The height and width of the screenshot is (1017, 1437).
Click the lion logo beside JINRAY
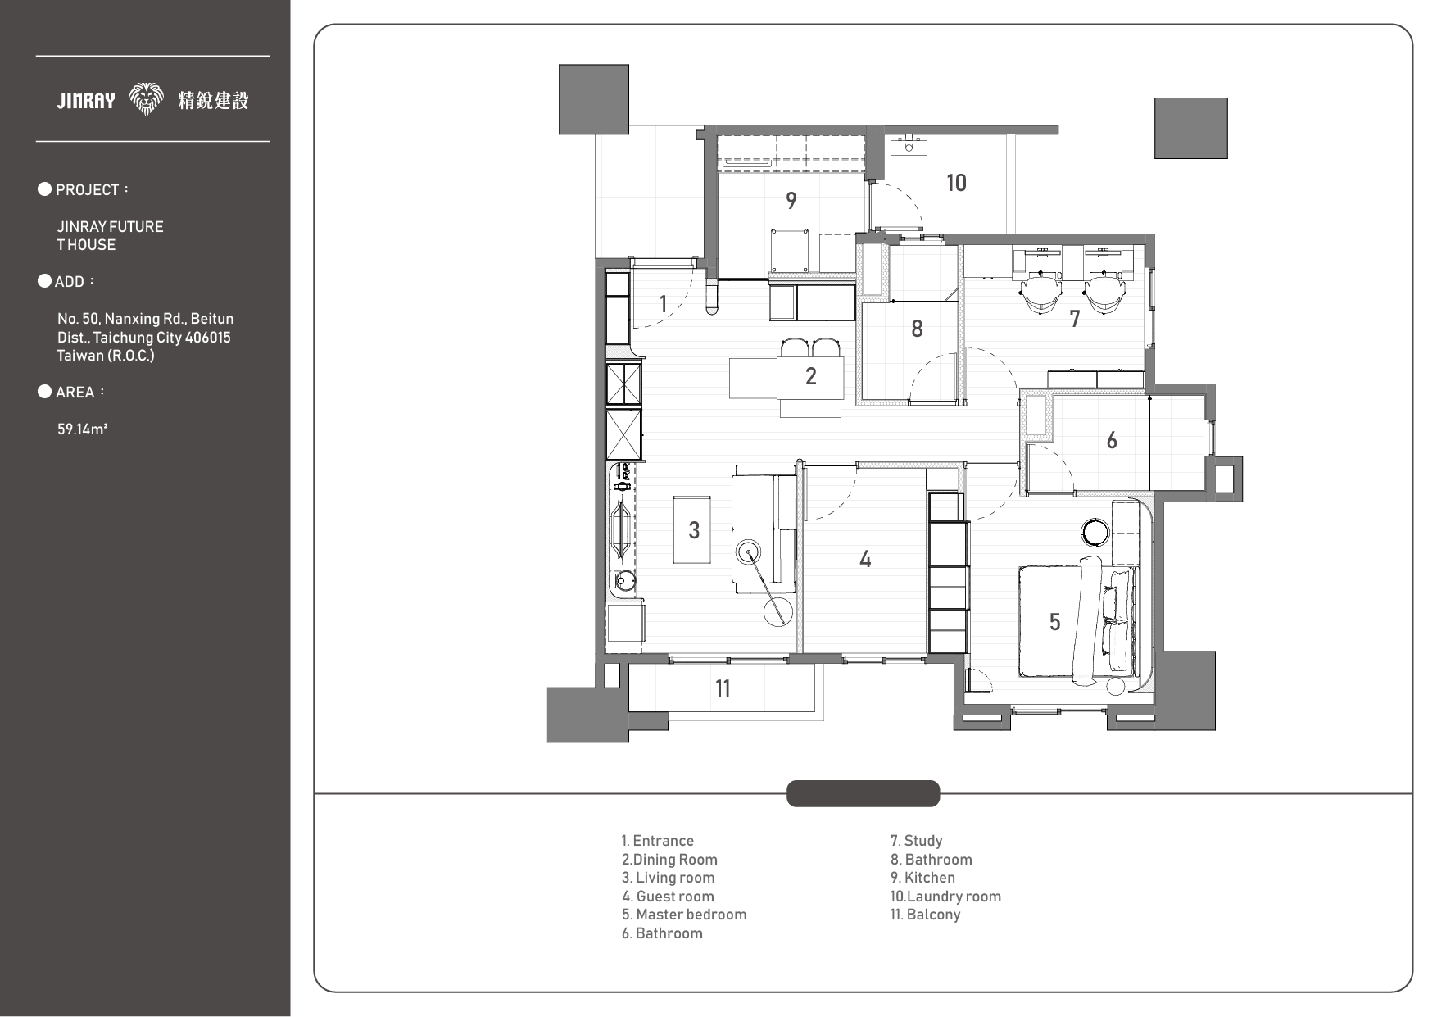click(x=147, y=100)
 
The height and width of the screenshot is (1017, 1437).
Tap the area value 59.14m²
click(x=83, y=429)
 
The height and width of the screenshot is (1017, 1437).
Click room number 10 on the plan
click(x=956, y=183)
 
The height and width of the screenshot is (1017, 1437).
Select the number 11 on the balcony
click(x=722, y=688)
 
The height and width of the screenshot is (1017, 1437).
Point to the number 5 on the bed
click(x=1055, y=622)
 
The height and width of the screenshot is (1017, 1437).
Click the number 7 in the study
click(x=1075, y=319)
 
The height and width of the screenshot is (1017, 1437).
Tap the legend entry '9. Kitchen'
click(x=922, y=878)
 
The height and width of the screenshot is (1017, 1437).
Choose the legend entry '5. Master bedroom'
click(x=684, y=915)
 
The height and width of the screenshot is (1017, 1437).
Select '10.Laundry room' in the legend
click(x=945, y=897)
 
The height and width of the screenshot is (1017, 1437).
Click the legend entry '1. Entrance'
click(x=657, y=841)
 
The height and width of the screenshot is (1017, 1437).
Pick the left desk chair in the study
click(x=1040, y=293)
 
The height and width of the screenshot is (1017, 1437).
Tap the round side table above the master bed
click(x=1095, y=533)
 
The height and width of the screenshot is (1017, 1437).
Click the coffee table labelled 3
click(x=692, y=529)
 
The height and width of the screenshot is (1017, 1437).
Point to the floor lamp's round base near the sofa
click(x=779, y=611)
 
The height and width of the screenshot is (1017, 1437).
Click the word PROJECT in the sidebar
click(x=88, y=190)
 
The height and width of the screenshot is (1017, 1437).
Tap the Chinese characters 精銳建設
click(x=213, y=100)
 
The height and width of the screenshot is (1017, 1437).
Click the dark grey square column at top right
click(x=1191, y=128)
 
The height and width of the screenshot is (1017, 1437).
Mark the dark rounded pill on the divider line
click(x=863, y=793)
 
